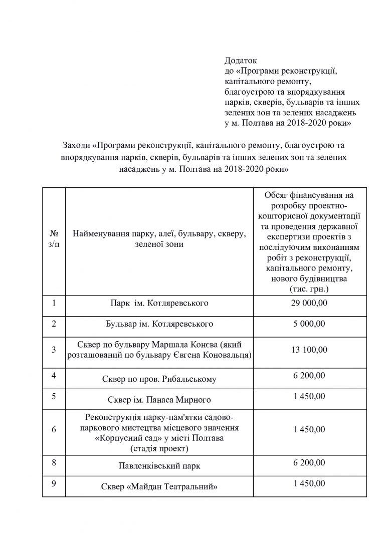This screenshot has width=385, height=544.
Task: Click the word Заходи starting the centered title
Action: [x=76, y=145]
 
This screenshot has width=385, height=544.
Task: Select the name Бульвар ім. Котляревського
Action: [x=159, y=324]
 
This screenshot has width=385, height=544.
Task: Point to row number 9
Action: [x=54, y=483]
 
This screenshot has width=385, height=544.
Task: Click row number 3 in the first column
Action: [x=54, y=349]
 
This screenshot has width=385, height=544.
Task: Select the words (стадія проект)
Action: [x=159, y=448]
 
